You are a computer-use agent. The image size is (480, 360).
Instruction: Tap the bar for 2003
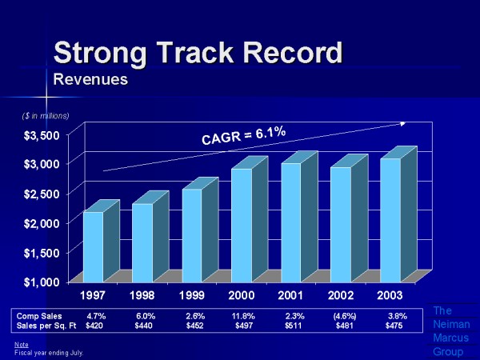[391, 219]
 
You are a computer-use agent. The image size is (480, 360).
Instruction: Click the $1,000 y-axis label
[38, 282]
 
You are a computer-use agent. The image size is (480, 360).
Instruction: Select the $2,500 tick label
[38, 194]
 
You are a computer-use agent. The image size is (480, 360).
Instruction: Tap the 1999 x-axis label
[192, 296]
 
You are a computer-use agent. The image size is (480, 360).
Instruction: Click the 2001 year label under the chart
[291, 296]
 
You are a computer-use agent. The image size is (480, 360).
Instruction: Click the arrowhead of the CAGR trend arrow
[404, 123]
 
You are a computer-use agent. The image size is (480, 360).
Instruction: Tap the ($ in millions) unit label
[45, 116]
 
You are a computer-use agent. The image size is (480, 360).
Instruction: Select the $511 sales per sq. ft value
[294, 326]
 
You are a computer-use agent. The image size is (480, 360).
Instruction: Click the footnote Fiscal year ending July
[49, 352]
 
